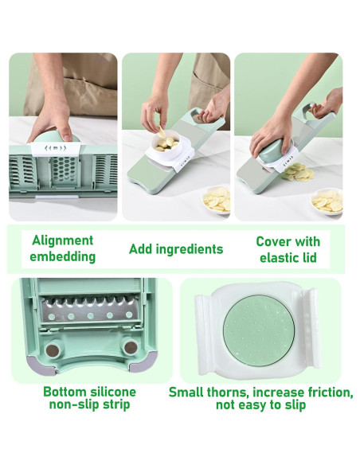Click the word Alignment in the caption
tap(63, 240)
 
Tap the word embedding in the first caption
tap(63, 256)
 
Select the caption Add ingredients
tap(176, 249)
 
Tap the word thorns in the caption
tap(228, 393)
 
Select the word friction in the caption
tap(330, 393)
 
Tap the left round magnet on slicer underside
tap(53, 350)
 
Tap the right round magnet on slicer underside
tap(130, 347)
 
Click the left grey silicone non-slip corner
tap(41, 365)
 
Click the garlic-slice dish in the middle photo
tap(216, 199)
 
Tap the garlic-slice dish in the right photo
tap(327, 201)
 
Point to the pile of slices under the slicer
tap(297, 173)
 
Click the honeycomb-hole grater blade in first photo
tap(64, 171)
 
